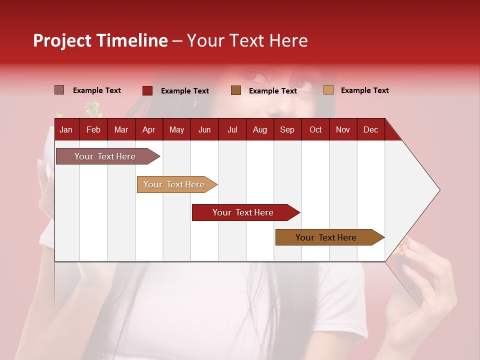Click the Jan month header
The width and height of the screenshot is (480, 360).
[x=66, y=130]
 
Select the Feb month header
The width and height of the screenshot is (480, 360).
[x=93, y=130]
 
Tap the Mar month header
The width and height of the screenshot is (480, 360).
[x=121, y=130]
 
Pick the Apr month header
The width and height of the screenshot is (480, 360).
[x=149, y=130]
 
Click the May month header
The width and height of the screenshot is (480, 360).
[x=176, y=130]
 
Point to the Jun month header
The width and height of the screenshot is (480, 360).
[x=204, y=130]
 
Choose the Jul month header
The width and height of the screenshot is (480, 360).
[x=232, y=130]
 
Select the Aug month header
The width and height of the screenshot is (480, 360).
[x=260, y=130]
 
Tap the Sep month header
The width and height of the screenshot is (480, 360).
[x=287, y=130]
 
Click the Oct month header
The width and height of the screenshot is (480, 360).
[x=315, y=130]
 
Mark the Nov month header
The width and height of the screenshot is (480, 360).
[x=343, y=130]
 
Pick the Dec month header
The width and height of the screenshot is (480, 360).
[x=371, y=130]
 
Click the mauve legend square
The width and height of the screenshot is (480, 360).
[x=59, y=90]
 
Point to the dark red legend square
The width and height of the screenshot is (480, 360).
[x=147, y=90]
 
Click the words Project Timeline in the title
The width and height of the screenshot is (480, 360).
[x=100, y=40]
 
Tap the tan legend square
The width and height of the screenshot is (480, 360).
[x=328, y=90]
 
